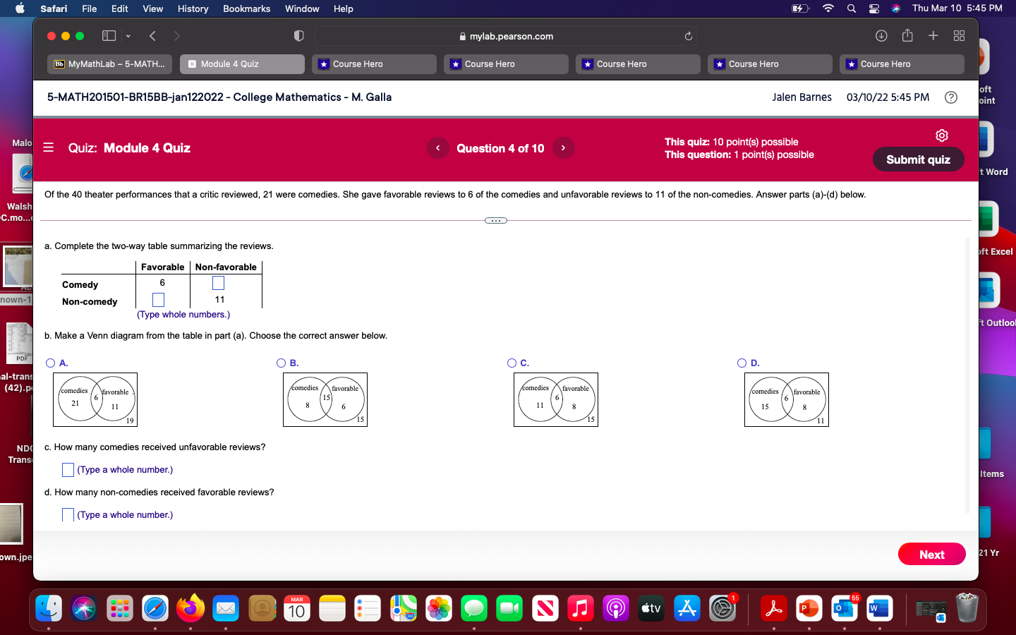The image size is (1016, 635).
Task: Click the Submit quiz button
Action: click(x=918, y=159)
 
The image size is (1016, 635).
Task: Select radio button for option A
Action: click(x=50, y=363)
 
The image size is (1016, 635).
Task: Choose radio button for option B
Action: click(x=281, y=363)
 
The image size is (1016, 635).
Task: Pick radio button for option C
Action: click(x=512, y=363)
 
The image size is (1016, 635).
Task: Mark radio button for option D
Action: click(x=742, y=363)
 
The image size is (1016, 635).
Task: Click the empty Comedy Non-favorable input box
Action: click(x=219, y=283)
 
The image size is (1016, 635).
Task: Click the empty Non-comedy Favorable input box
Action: click(x=159, y=300)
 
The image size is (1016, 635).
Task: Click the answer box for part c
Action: click(x=68, y=470)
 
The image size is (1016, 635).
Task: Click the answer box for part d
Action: click(x=68, y=515)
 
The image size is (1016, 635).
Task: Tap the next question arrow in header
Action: click(x=563, y=148)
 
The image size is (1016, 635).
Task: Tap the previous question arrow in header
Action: click(x=438, y=148)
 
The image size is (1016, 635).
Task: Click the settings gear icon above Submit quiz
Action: click(x=942, y=135)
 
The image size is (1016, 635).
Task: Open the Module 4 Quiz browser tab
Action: click(x=242, y=64)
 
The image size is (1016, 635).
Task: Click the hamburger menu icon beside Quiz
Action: click(x=49, y=147)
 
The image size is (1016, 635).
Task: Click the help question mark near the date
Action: click(x=951, y=97)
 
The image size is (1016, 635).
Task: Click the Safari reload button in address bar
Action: click(x=689, y=36)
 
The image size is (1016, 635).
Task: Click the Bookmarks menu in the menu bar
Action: click(x=246, y=8)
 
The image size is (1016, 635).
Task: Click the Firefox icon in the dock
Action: click(x=190, y=608)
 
